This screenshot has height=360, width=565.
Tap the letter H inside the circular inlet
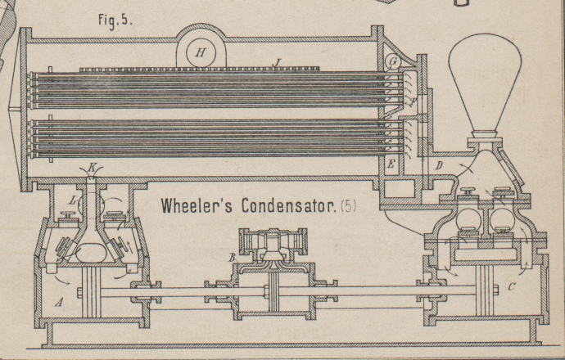pyautogui.click(x=199, y=52)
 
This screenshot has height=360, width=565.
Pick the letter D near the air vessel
pyautogui.click(x=440, y=169)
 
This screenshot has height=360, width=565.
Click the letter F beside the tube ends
pyautogui.click(x=414, y=101)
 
